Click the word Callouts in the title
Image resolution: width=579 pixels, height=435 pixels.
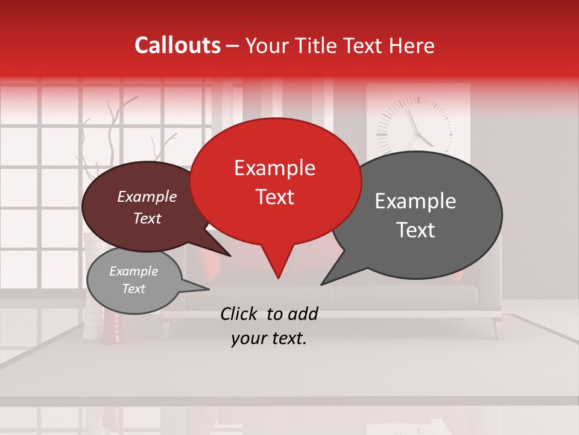point(177,45)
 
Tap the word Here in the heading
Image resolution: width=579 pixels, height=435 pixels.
point(412,45)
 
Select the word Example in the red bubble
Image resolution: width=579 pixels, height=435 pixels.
point(274,168)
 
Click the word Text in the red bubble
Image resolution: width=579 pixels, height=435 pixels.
point(274,197)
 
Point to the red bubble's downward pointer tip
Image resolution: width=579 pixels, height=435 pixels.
point(278,277)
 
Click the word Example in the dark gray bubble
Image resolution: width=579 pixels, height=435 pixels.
point(416,201)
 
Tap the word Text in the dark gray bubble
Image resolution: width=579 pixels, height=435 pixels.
point(416,230)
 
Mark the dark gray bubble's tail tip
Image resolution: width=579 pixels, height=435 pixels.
point(322,284)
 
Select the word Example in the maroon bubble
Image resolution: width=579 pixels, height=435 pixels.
point(147,196)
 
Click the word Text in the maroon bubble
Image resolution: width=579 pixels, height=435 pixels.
point(147,218)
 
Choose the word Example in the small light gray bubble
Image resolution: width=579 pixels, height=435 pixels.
point(133,271)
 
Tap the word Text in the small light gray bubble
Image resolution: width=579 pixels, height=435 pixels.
point(133,289)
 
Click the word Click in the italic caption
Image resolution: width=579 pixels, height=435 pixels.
point(239,314)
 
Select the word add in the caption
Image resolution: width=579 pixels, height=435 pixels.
point(302,314)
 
